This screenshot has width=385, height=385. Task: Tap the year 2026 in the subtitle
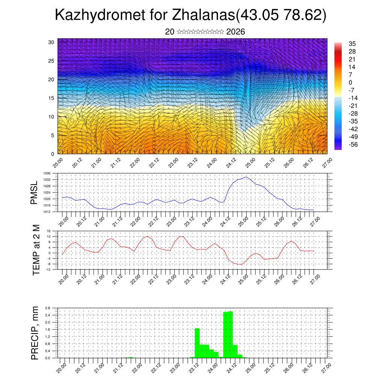(236, 32)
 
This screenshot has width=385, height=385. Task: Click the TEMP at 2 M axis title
(36, 250)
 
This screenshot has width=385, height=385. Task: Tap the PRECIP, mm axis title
(35, 333)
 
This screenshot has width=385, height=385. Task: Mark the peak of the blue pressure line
(246, 177)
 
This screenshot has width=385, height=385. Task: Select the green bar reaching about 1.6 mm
(197, 343)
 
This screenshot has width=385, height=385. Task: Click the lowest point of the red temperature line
(241, 264)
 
